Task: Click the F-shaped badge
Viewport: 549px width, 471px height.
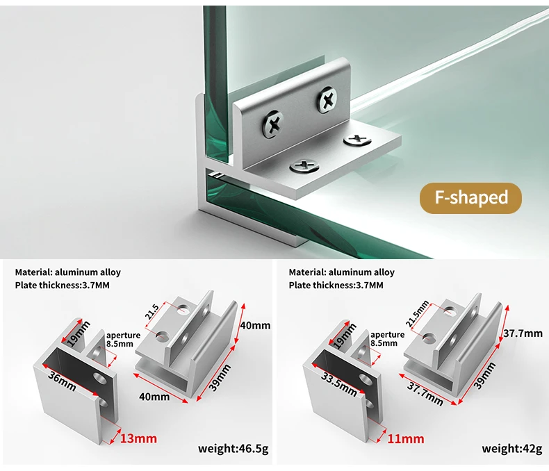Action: [471, 198]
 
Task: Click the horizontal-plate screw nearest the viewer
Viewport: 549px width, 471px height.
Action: [304, 166]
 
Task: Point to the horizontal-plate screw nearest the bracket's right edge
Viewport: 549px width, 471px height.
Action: [358, 140]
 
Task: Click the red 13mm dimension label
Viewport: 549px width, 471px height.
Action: [139, 438]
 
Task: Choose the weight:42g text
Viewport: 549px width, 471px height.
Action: [511, 448]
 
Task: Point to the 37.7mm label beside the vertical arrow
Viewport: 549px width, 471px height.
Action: [523, 333]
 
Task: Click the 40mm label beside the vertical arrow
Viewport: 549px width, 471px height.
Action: [256, 325]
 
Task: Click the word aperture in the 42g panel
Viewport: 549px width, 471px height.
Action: [387, 334]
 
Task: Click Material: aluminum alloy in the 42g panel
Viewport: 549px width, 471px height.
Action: [341, 272]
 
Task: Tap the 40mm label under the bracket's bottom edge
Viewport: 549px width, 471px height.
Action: [154, 397]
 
